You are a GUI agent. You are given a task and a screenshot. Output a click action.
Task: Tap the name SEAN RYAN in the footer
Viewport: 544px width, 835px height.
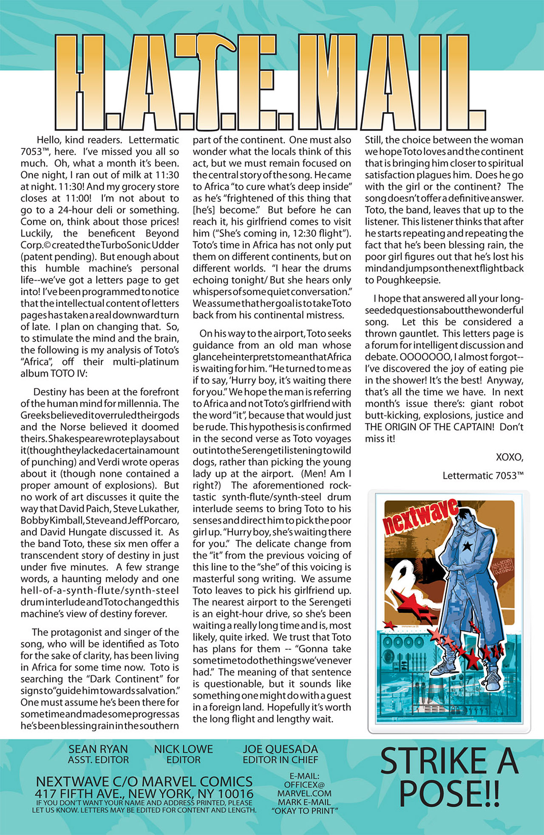coord(98,749)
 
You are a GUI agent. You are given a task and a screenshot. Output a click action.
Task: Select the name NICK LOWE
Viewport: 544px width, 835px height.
coord(183,749)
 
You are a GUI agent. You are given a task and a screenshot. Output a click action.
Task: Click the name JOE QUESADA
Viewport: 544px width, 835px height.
coord(280,749)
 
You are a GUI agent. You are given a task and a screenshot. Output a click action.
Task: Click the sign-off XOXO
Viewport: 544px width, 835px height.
coord(510,457)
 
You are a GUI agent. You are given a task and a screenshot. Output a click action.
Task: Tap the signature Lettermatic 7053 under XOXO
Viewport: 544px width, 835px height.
coord(483,476)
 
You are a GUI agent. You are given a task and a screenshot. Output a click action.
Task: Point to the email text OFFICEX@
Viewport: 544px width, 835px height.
coord(304,785)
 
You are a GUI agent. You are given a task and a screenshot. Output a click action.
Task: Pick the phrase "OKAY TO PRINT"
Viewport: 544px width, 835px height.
coord(304,811)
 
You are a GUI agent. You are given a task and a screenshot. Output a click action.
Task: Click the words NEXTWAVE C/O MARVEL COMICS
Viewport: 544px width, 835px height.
coord(144,781)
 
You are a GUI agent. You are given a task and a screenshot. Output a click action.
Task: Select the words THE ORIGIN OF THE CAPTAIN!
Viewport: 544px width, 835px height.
coord(429,427)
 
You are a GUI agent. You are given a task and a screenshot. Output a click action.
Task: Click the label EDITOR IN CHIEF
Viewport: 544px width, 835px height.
coord(280,760)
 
